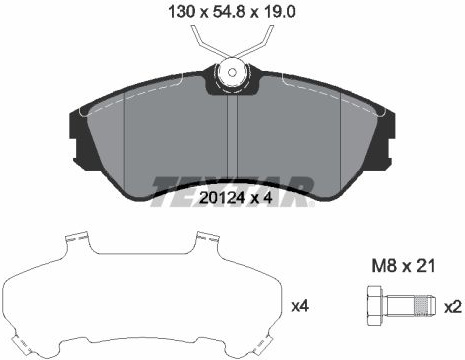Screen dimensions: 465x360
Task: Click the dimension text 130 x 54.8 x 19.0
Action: [x=232, y=12]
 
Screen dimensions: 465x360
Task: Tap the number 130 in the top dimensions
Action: [x=182, y=12]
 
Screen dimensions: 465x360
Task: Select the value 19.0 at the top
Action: [x=279, y=12]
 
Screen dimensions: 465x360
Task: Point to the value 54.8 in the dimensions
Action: [x=230, y=12]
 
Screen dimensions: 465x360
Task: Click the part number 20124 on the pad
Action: [x=222, y=198]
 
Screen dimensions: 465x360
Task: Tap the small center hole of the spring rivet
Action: [x=232, y=72]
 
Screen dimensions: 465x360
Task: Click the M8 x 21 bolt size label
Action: [x=403, y=266]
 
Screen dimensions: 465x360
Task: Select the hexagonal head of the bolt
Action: [x=374, y=305]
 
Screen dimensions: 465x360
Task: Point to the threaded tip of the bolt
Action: [x=425, y=305]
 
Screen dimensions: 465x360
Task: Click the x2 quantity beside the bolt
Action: [x=453, y=306]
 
